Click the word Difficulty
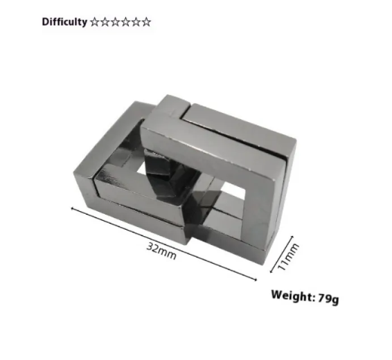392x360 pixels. click(x=64, y=21)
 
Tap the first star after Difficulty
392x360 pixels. click(x=96, y=21)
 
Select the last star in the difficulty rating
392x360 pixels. click(x=146, y=21)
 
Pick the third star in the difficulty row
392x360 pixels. click(x=116, y=21)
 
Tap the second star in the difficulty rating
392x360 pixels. click(x=106, y=21)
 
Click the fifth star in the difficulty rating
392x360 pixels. click(x=136, y=21)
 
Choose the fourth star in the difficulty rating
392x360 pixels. click(x=126, y=21)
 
